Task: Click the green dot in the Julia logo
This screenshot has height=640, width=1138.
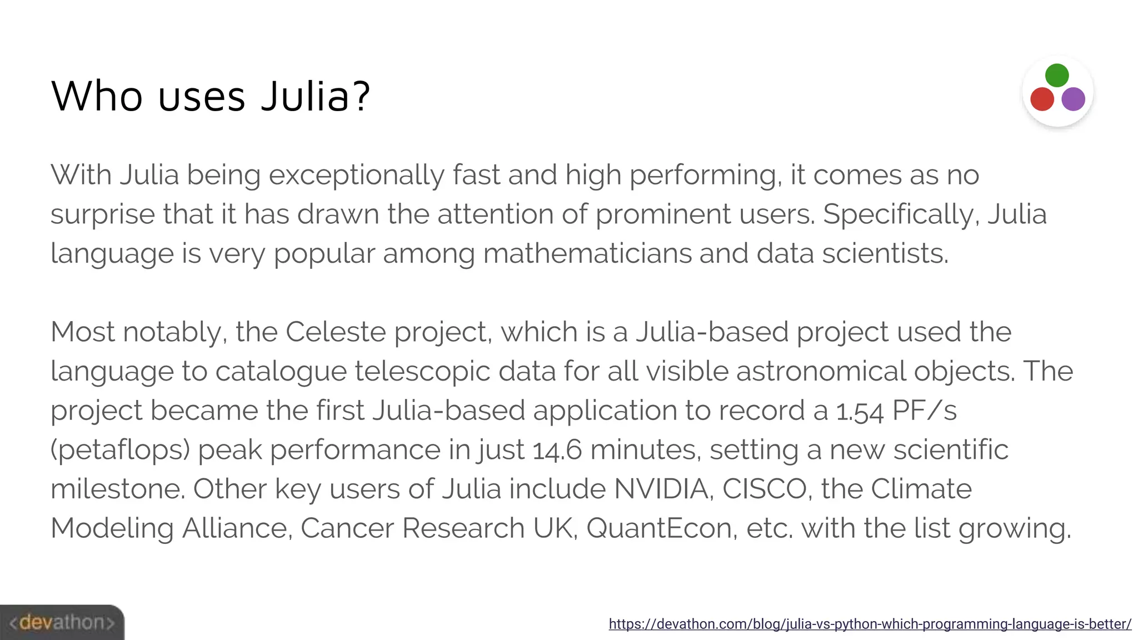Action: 1056,76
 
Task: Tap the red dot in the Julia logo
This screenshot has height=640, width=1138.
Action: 1042,99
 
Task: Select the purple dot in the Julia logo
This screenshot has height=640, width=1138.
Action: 1073,99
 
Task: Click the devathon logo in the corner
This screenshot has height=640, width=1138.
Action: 62,622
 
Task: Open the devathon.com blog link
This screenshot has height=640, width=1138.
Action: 870,624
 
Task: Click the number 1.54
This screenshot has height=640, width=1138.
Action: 860,411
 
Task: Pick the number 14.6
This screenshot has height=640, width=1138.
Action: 557,450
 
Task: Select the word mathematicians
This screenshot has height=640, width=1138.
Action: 587,254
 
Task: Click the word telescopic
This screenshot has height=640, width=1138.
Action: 422,372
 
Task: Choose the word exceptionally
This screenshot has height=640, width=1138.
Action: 357,176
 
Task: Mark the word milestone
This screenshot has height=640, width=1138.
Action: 117,489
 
